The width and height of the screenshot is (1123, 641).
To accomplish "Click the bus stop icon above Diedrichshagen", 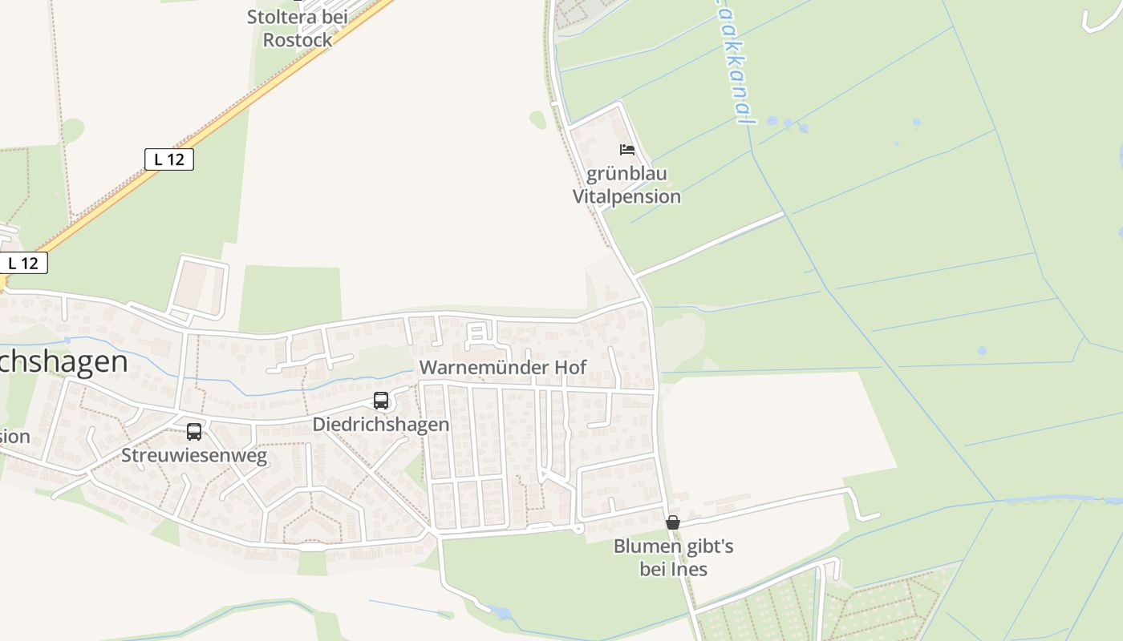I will pos(381,400).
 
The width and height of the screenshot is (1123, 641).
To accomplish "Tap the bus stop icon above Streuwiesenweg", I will pos(194,432).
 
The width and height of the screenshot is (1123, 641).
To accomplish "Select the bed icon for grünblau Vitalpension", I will pos(626,150).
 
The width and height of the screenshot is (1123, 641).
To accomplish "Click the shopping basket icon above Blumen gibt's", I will pos(673,522).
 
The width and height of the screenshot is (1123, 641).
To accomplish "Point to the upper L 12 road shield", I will pos(169,159).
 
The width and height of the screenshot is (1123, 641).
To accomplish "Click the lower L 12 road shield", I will pos(23,263).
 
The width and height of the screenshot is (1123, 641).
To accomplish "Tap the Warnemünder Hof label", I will pos(503,368).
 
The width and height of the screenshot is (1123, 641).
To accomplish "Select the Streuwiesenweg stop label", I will pos(194,456).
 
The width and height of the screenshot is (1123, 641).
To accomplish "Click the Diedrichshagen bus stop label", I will pos(381,424).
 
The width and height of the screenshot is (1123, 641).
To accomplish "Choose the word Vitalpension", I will pos(626,196).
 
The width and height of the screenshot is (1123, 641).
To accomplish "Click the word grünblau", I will pos(626,174).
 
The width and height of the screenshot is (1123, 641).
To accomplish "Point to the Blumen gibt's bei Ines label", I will pos(674,558).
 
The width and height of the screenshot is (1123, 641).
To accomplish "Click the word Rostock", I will pos(298,39).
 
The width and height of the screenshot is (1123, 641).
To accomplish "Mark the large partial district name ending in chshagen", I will pos(63,362).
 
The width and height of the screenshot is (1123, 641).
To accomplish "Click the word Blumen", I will pos(643,546).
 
